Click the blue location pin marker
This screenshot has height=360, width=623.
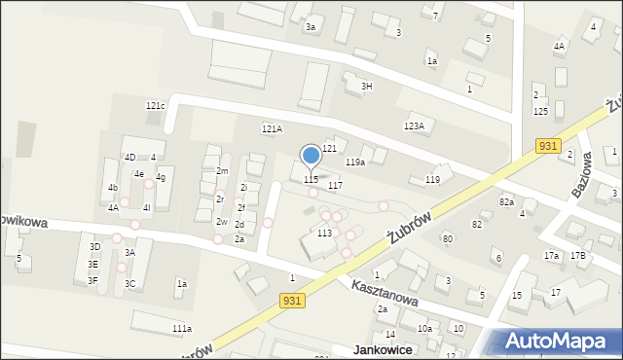pyautogui.click(x=311, y=156)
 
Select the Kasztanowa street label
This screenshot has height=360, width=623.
pyautogui.click(x=385, y=290)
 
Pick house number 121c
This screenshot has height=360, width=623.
pyautogui.click(x=156, y=105)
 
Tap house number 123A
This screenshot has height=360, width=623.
pyautogui.click(x=414, y=126)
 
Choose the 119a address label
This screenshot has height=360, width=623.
pyautogui.click(x=355, y=162)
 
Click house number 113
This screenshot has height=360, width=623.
pyautogui.click(x=324, y=234)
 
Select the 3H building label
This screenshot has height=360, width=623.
pyautogui.click(x=367, y=86)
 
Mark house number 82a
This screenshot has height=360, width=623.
pyautogui.click(x=506, y=201)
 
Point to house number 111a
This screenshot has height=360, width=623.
pyautogui.click(x=182, y=329)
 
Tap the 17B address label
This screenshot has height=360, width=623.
pyautogui.click(x=578, y=255)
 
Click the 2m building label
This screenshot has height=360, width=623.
pyautogui.click(x=222, y=171)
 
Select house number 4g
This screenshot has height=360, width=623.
pyautogui.click(x=161, y=177)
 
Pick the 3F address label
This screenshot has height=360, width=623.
pyautogui.click(x=92, y=280)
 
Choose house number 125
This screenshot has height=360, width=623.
pyautogui.click(x=540, y=111)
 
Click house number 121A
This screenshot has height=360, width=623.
pyautogui.click(x=272, y=128)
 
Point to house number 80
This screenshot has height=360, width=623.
pyautogui.click(x=448, y=238)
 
